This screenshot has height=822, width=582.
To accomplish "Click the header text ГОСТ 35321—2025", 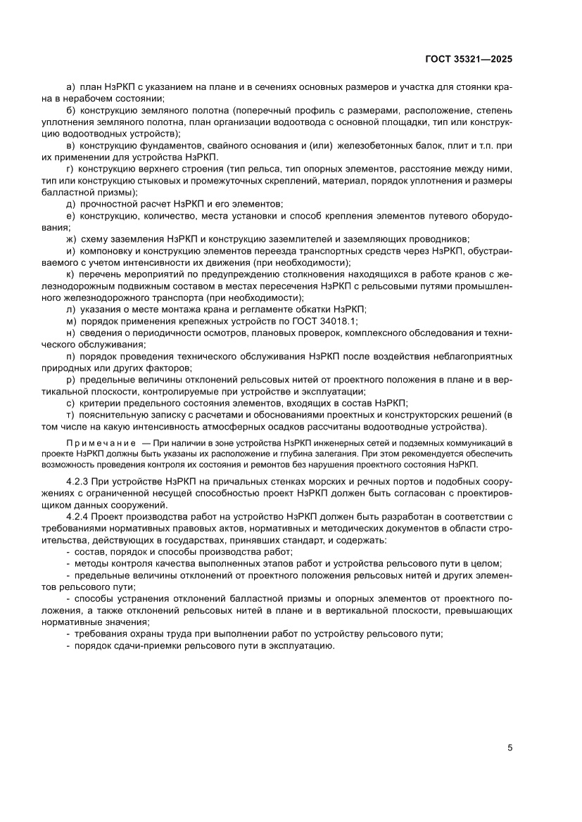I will (469, 60).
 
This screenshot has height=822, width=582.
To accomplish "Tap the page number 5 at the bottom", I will (510, 747).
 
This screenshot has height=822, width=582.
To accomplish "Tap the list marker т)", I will (70, 415).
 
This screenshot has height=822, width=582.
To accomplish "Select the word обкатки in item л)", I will (293, 309).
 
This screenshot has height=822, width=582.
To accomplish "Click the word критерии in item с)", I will (99, 403).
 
